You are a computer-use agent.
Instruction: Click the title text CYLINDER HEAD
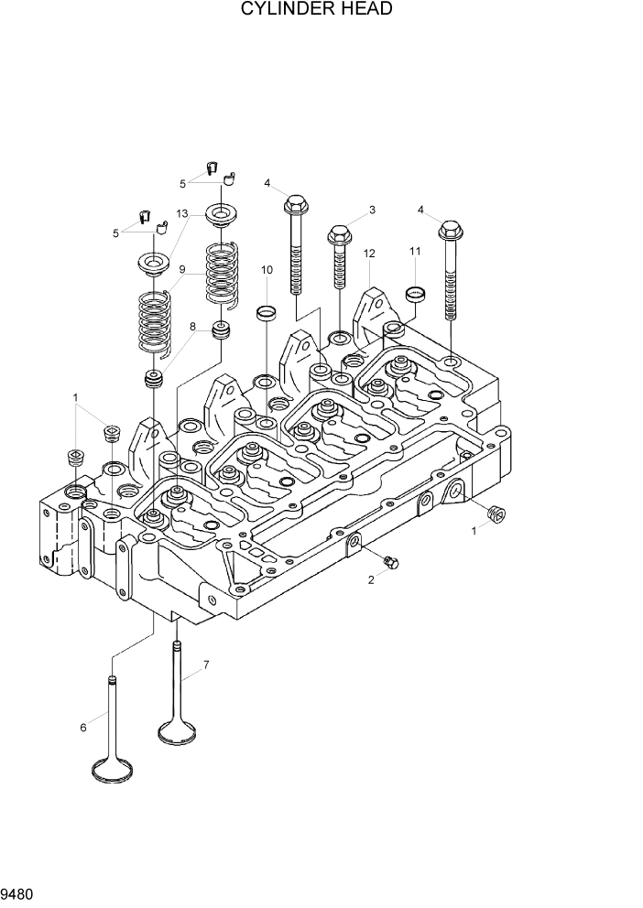(x=317, y=10)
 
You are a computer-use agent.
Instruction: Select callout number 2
(x=372, y=580)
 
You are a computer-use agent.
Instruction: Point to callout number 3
(x=372, y=211)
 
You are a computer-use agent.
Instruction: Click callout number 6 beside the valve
(x=83, y=727)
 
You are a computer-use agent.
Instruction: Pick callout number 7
(x=206, y=665)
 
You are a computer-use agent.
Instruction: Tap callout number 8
(x=192, y=326)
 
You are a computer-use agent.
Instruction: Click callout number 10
(x=267, y=270)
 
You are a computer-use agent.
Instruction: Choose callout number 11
(x=415, y=251)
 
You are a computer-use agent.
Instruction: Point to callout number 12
(x=369, y=253)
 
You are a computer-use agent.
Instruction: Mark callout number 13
(x=182, y=213)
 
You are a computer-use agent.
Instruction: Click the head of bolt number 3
(x=337, y=234)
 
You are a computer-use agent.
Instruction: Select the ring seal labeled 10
(x=266, y=313)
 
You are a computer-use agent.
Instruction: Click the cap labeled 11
(x=416, y=295)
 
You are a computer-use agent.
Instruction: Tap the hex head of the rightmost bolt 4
(x=451, y=230)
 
